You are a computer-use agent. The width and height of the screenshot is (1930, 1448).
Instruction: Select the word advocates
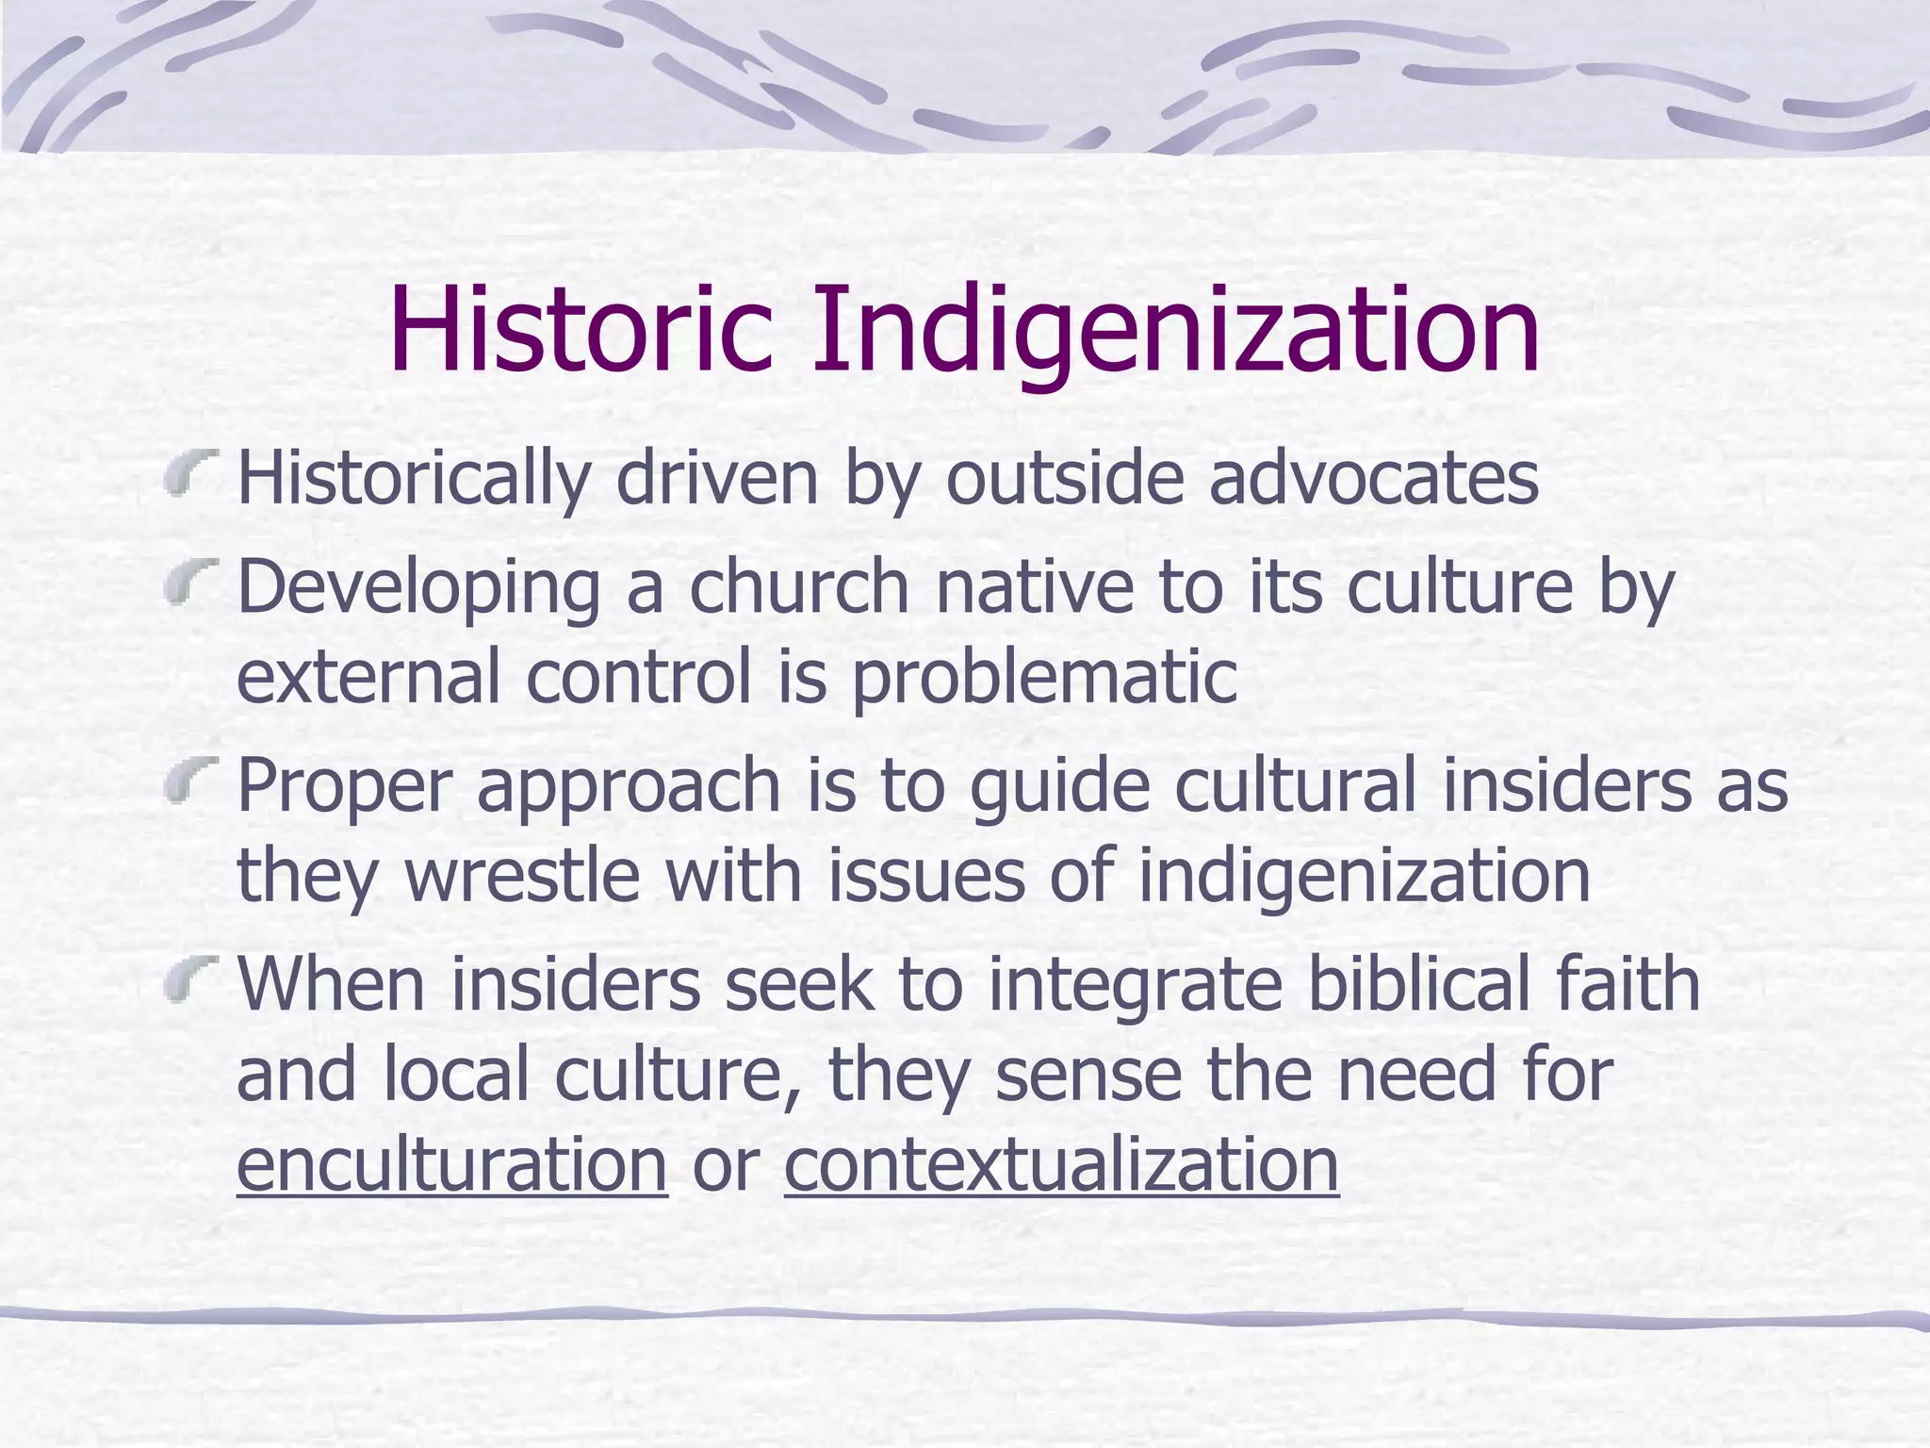tap(1373, 478)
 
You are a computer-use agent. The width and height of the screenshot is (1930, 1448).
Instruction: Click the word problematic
tap(1044, 677)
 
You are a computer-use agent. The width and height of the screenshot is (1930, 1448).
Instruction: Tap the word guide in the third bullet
tap(1059, 786)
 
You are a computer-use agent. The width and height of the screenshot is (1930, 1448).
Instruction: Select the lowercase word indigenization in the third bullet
tap(1364, 876)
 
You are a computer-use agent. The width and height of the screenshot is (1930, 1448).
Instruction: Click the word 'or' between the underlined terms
tap(726, 1166)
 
